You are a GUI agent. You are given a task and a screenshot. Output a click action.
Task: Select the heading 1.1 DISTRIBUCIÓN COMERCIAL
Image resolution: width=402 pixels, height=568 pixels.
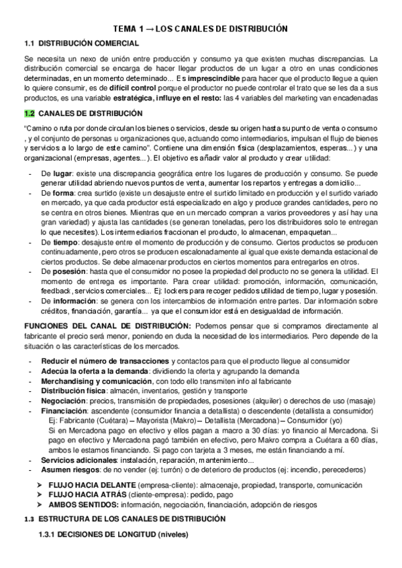[82, 44]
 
